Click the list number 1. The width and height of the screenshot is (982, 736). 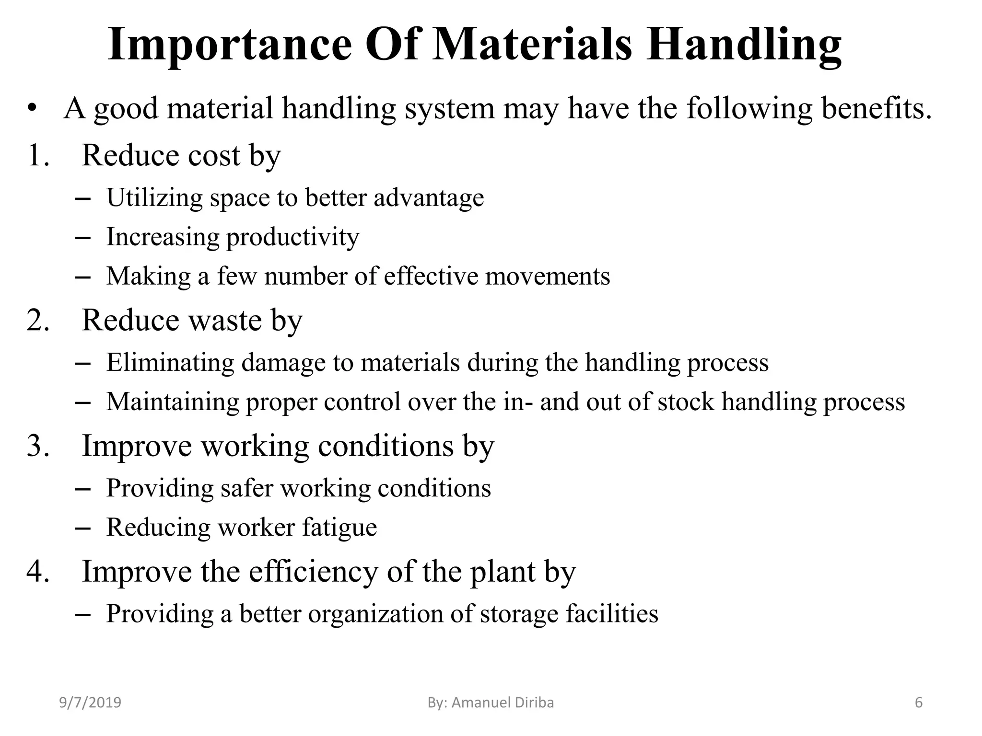tap(38, 155)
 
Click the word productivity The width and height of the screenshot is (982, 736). tap(292, 237)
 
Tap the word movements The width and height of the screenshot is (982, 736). tap(548, 276)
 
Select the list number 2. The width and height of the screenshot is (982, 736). tap(38, 320)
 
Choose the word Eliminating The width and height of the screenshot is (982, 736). tap(170, 362)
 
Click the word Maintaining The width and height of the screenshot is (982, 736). tap(173, 402)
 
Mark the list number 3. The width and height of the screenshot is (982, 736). tap(38, 446)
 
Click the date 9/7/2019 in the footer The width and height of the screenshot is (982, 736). tap(90, 702)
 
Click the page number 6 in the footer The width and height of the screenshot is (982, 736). tap(919, 702)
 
